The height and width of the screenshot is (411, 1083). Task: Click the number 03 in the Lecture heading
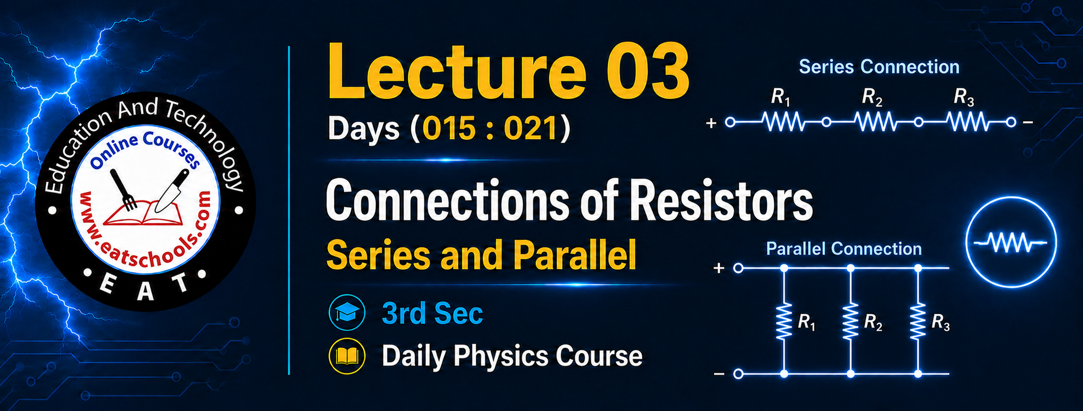648,71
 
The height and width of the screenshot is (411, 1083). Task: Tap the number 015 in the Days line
449,129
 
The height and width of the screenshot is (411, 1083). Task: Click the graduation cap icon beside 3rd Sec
347,313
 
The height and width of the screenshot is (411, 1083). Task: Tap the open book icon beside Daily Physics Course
347,356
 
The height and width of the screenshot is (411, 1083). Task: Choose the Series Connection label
879,67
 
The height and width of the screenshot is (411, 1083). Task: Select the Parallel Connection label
844,249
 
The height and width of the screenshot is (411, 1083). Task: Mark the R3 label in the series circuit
964,97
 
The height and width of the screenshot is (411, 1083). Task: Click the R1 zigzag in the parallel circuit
784,321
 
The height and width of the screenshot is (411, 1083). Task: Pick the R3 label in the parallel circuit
940,322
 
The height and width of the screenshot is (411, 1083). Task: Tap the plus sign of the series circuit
711,124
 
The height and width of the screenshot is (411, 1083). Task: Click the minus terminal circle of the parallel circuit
738,374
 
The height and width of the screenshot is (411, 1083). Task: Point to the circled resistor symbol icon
1011,242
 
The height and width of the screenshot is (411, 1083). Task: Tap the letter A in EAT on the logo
145,291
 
